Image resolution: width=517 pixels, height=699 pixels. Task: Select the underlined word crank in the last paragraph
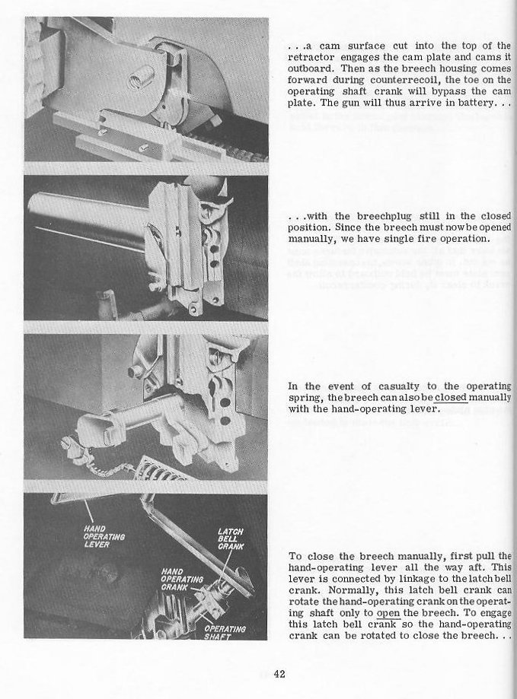[364, 624]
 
